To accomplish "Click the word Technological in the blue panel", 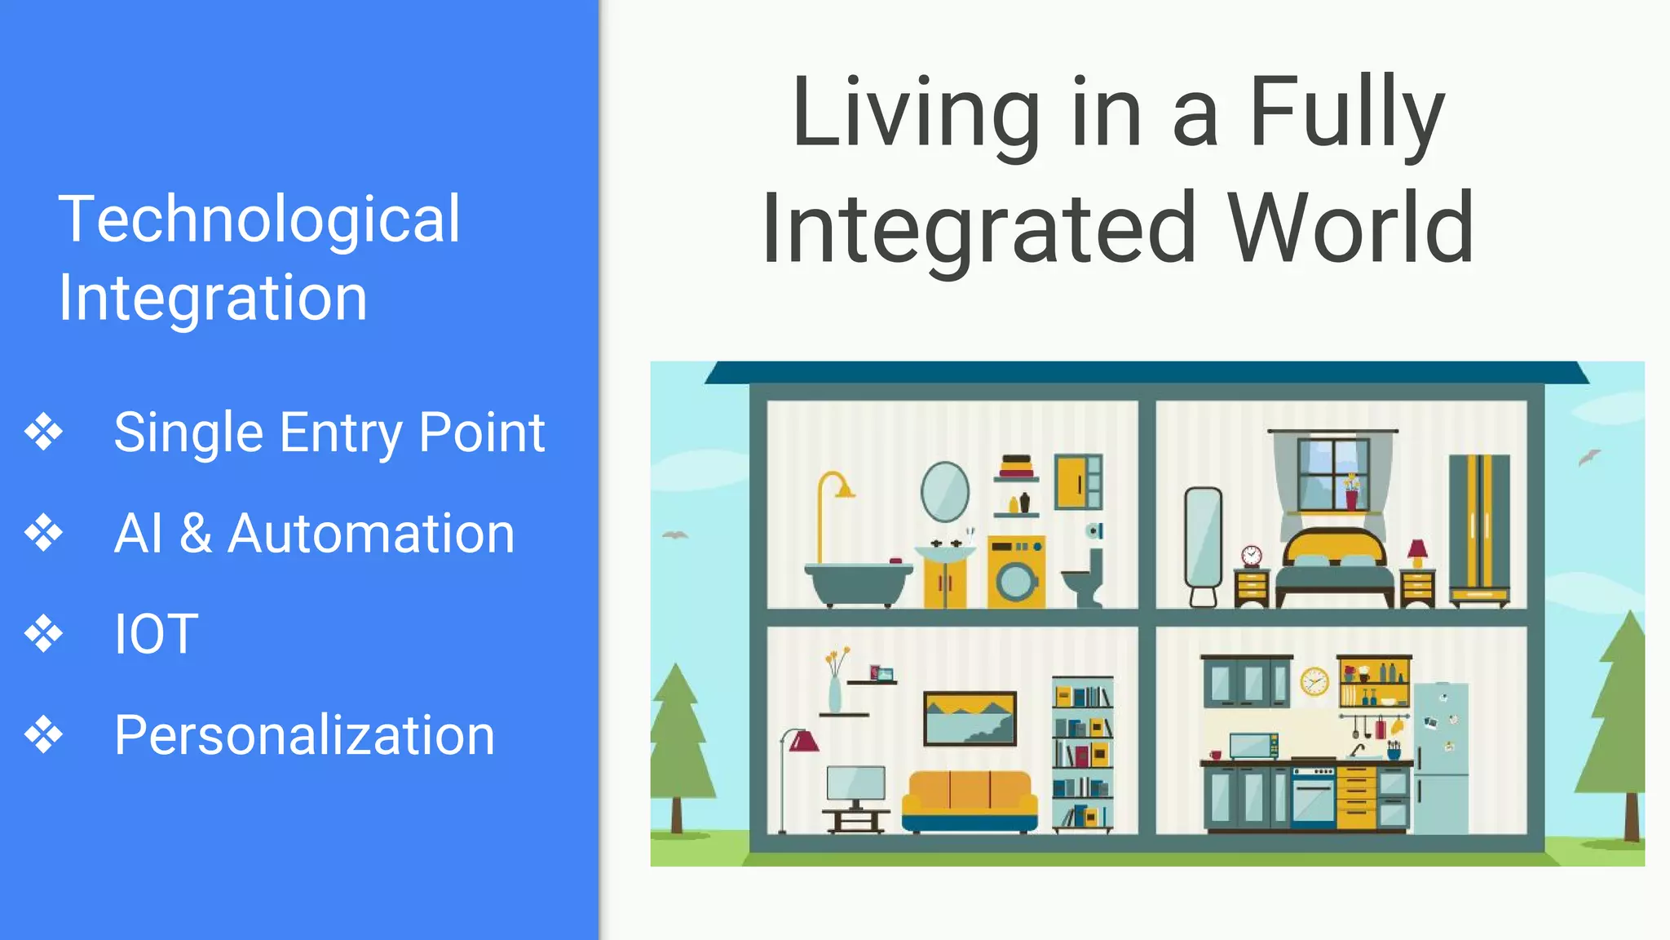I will coord(259,220).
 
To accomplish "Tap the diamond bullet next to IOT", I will coord(43,634).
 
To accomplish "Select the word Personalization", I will coord(304,736).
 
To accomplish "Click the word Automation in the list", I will coord(371,534).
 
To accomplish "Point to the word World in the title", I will coord(1350,228).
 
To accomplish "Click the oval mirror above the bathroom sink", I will coord(945,491).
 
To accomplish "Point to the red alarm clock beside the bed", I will coord(1252,556).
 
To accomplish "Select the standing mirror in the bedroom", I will coord(1203,539).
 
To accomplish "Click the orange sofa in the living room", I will coord(970,800).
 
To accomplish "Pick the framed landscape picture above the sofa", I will coord(970,718).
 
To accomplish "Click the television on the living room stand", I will coord(855,784).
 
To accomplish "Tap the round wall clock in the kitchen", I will coord(1314,681).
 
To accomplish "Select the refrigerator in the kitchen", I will coord(1441,757).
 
